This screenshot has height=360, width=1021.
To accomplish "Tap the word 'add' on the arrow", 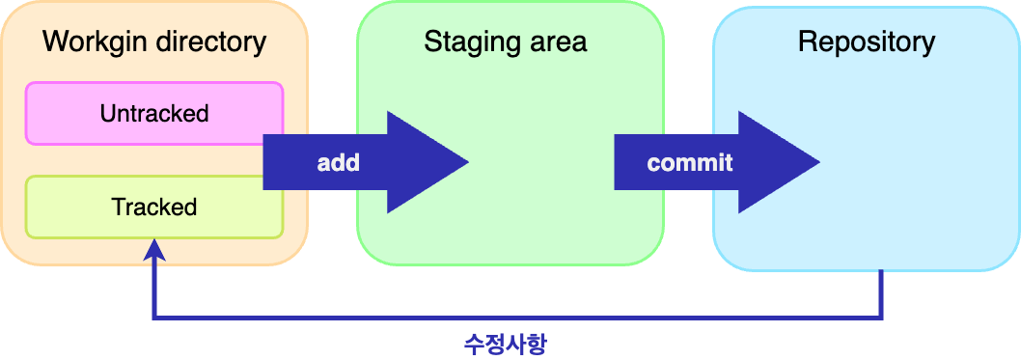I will [338, 163].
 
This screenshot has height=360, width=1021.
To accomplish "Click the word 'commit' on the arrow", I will [690, 163].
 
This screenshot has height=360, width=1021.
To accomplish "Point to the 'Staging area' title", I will [505, 42].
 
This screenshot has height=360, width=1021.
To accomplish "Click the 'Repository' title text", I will [867, 42].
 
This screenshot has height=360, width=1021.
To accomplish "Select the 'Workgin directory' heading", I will [154, 42].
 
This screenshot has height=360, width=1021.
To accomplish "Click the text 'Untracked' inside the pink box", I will [154, 114].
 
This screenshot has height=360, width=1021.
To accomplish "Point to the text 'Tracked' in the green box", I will [154, 208].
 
